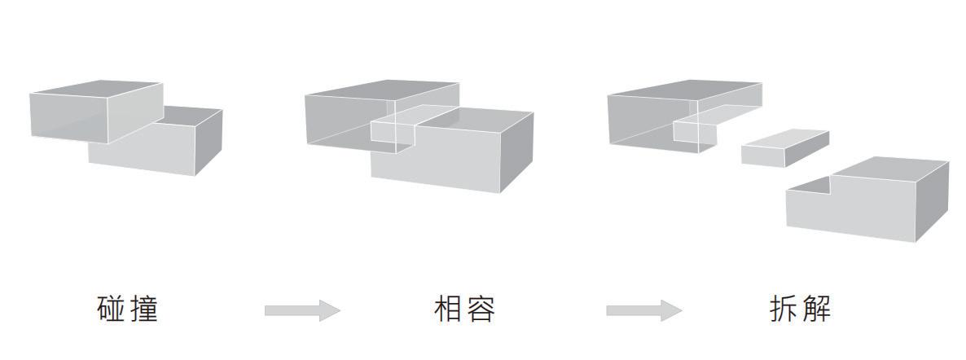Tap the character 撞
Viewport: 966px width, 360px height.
point(144,310)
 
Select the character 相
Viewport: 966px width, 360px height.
point(448,310)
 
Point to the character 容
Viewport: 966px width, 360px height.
point(481,310)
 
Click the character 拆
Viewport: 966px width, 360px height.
point(783,310)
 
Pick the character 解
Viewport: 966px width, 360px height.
point(816,310)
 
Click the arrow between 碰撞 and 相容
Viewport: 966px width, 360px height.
point(301,310)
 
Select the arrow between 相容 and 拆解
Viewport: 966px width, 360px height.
point(643,310)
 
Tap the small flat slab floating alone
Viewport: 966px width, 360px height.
point(784,147)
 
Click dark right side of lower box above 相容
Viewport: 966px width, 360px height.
point(516,151)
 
